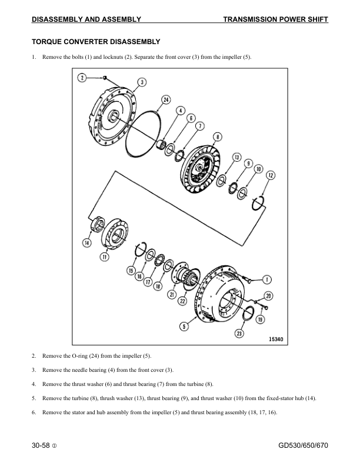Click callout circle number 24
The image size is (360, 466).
(166, 100)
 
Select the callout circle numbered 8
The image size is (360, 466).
(218, 137)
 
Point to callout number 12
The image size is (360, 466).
(271, 175)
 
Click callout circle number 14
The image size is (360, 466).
(87, 242)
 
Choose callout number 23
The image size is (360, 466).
(239, 333)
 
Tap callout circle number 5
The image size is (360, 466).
(184, 325)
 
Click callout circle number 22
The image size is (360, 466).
(182, 301)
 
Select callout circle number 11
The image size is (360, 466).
(105, 257)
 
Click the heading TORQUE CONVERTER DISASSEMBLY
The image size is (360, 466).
(95, 42)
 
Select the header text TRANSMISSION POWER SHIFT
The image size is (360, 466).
(275, 20)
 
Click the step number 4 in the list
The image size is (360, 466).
(34, 384)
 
